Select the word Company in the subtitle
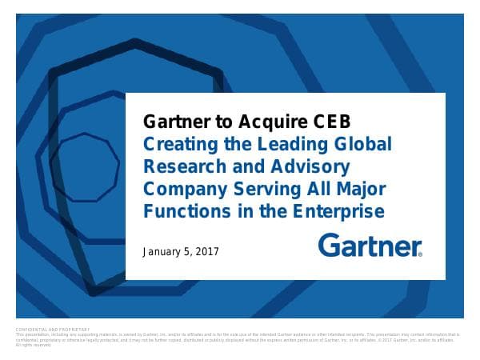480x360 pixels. [x=180, y=190]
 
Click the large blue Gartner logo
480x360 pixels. [x=369, y=245]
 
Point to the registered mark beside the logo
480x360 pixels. [x=420, y=254]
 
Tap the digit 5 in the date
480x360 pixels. [x=190, y=252]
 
